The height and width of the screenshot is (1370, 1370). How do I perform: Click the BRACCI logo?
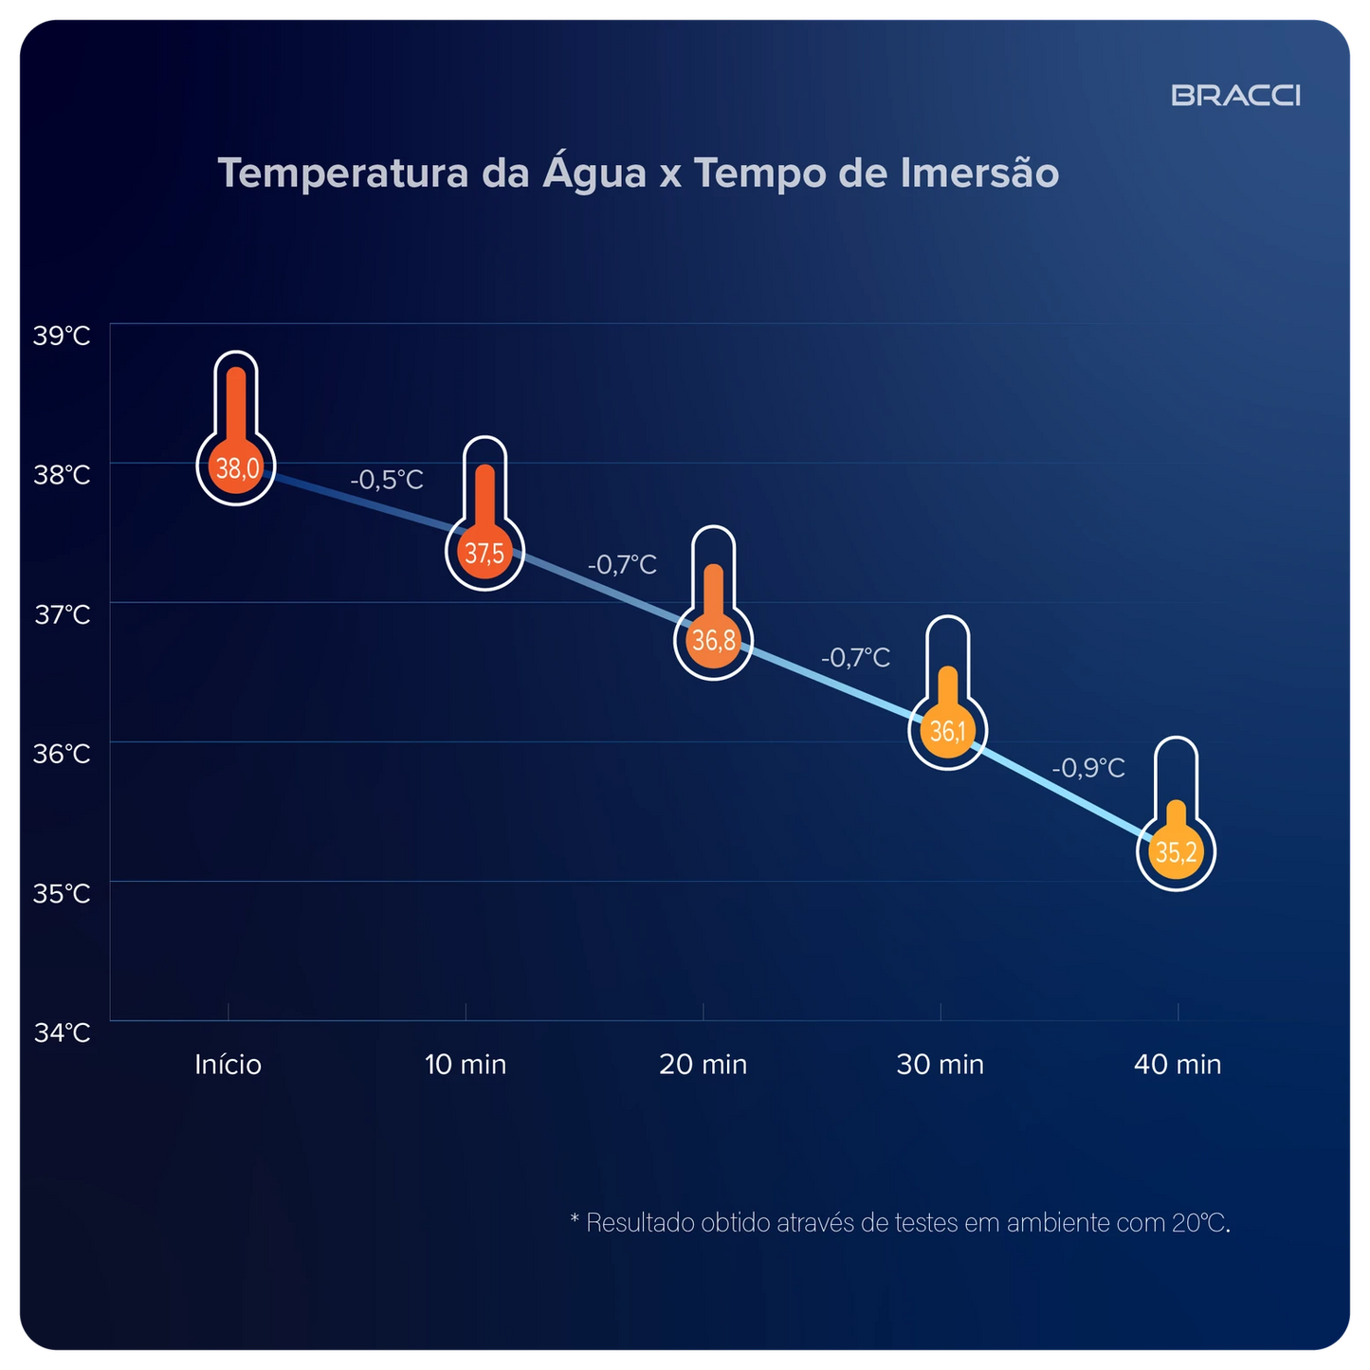(1235, 96)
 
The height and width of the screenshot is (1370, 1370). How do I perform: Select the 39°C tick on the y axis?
(62, 336)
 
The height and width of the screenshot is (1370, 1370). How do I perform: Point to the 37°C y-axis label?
(63, 614)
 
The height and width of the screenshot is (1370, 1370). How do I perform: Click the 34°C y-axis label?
(62, 1032)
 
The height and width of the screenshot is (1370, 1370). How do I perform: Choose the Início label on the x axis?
(228, 1065)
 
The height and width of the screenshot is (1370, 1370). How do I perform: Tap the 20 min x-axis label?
(703, 1065)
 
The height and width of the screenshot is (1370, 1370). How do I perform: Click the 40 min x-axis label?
(1177, 1065)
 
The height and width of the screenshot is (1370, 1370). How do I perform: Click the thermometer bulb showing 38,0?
(236, 467)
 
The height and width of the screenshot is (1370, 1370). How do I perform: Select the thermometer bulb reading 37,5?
(484, 553)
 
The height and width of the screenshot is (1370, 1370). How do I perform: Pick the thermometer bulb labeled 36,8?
(713, 641)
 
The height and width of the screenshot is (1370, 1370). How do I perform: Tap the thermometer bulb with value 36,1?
(947, 731)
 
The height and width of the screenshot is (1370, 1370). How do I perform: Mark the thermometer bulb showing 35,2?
(1176, 852)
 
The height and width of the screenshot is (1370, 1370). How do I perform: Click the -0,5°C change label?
(387, 480)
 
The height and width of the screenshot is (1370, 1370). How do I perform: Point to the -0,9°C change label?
(1088, 768)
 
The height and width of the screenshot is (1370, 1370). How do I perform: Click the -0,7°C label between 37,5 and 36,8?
(622, 565)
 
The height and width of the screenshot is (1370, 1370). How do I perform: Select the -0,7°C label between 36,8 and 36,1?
(855, 657)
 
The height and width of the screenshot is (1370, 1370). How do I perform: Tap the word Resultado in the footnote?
(640, 1223)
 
